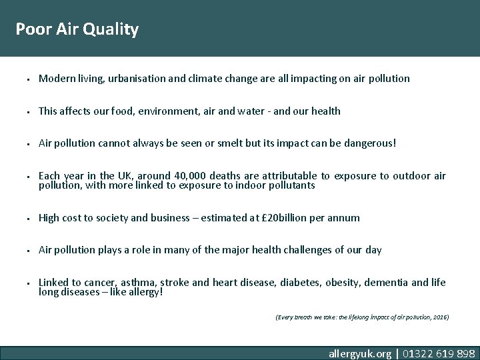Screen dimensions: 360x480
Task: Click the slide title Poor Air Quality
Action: pos(77,29)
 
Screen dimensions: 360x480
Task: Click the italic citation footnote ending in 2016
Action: pos(362,317)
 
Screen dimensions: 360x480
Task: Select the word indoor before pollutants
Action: pos(256,185)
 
